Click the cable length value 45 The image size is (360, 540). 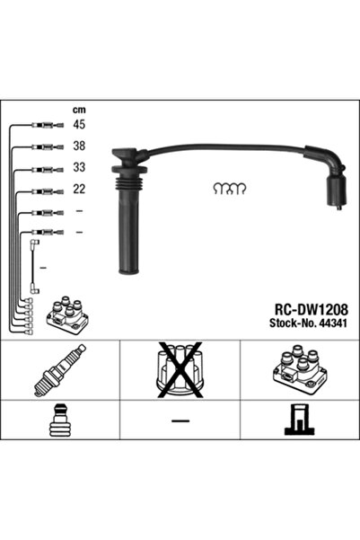[79, 124]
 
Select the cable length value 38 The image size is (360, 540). [79, 146]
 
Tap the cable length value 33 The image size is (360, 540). [79, 167]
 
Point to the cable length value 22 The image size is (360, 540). [79, 189]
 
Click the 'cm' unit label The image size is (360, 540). [79, 111]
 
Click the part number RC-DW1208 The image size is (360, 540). [311, 310]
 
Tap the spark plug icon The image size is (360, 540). [60, 370]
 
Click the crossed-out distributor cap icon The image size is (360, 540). [180, 369]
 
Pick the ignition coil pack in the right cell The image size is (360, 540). [300, 369]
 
